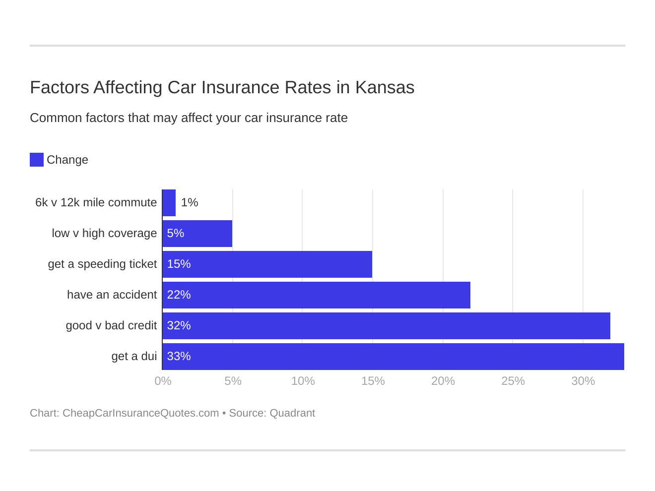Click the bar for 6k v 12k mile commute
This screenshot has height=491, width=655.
click(169, 203)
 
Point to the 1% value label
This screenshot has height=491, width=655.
click(190, 203)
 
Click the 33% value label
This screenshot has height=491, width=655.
click(179, 357)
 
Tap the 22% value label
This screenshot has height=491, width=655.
click(179, 295)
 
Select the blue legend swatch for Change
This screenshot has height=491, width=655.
click(37, 160)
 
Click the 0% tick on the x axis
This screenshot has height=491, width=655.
click(163, 381)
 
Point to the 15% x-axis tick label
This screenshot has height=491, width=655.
click(373, 381)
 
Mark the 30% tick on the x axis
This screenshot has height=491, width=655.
click(583, 381)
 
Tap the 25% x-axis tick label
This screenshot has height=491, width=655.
click(513, 381)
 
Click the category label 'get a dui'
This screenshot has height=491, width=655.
click(134, 357)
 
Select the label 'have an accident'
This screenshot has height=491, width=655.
click(112, 295)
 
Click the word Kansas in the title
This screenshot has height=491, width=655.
click(385, 88)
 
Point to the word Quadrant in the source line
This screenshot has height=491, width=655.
click(292, 413)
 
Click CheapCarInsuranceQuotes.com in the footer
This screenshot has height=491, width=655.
click(140, 413)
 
